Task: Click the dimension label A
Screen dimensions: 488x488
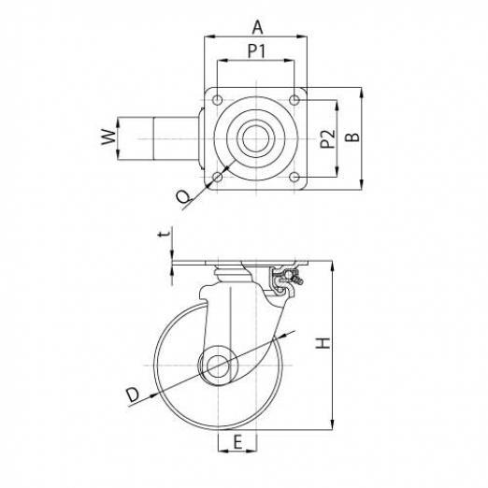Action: pyautogui.click(x=257, y=27)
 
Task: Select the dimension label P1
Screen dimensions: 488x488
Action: pyautogui.click(x=257, y=50)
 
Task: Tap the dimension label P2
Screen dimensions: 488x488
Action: pyautogui.click(x=328, y=139)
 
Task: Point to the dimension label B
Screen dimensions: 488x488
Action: pyautogui.click(x=352, y=137)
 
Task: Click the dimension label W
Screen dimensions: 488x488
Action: pyautogui.click(x=108, y=136)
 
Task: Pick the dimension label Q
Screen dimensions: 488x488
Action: pyautogui.click(x=183, y=197)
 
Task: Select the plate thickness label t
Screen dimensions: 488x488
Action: pyautogui.click(x=165, y=234)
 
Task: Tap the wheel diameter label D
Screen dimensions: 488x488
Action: pyautogui.click(x=133, y=395)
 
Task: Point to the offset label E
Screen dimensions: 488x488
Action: pyautogui.click(x=237, y=442)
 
